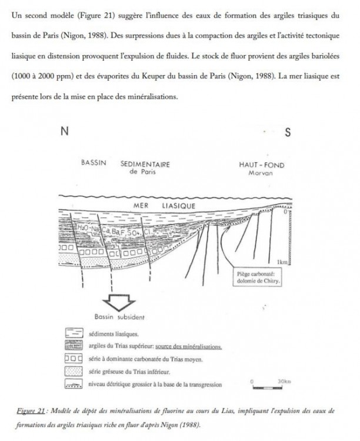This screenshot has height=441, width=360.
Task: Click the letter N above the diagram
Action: coord(63,132)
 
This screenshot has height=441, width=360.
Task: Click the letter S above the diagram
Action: coord(288,132)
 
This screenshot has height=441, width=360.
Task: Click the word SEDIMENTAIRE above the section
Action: coord(145,165)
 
